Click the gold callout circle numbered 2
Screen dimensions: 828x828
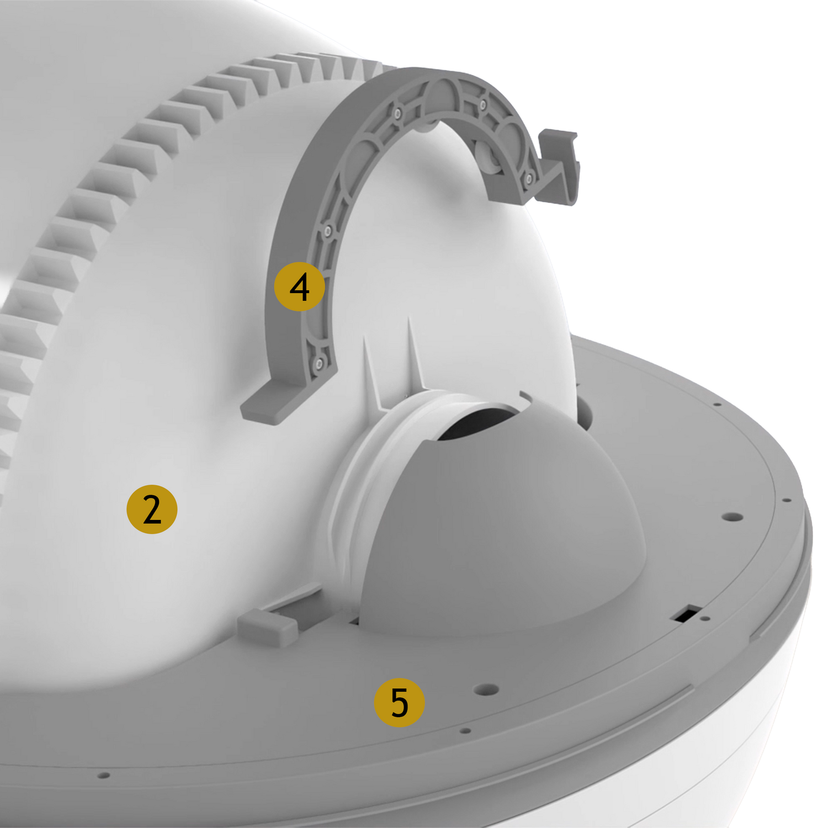coord(152,509)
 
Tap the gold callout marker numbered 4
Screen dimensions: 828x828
coord(300,286)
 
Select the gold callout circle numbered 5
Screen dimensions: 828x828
coord(399,702)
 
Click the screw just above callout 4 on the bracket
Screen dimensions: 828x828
coord(327,230)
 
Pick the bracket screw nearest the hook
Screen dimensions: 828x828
coord(528,177)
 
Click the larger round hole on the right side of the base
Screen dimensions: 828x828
coord(733,517)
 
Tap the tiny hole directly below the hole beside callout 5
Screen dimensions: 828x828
coord(465,731)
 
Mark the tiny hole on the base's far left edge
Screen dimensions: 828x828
coord(102,775)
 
